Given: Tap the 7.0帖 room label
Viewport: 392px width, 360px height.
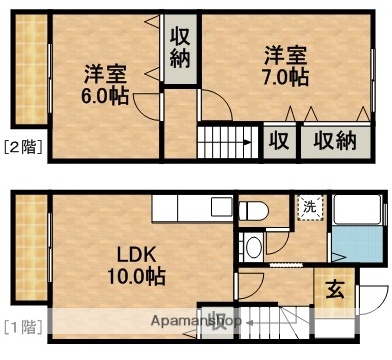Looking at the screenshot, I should click(x=285, y=64).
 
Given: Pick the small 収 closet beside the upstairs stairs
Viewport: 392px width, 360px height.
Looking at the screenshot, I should click(x=278, y=140).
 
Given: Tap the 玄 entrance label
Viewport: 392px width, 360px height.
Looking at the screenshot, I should click(x=334, y=291).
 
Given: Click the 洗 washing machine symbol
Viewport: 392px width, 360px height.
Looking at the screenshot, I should click(x=310, y=207).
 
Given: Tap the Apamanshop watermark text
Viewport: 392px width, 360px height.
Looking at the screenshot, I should click(x=196, y=321).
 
